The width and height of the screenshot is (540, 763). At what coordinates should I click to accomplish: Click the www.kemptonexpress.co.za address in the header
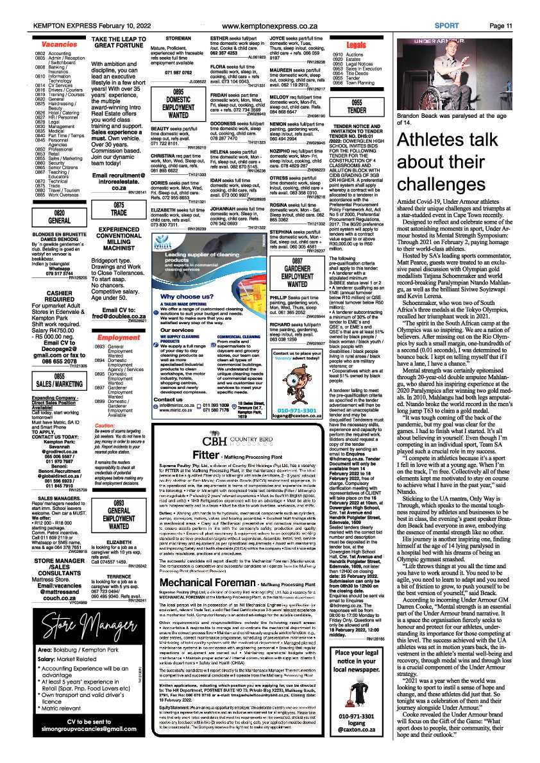click(x=269, y=26)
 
